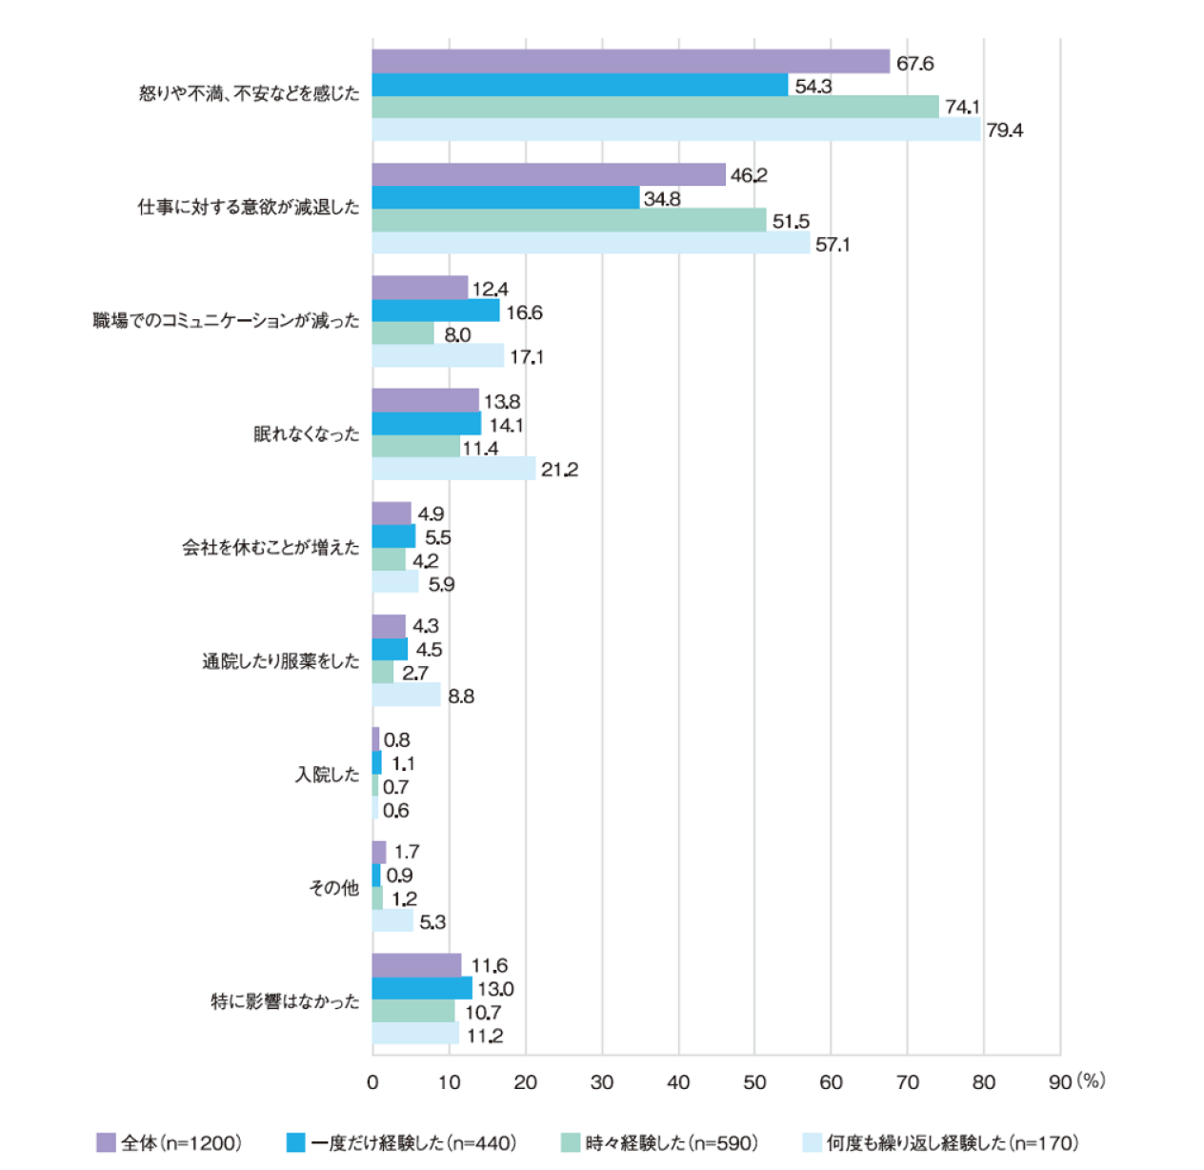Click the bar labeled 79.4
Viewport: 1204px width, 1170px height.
click(676, 131)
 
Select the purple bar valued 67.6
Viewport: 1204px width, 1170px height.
click(631, 62)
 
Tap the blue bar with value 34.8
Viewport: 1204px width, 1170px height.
click(506, 198)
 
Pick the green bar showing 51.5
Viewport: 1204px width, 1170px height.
click(569, 221)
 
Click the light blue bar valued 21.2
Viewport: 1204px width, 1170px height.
click(453, 469)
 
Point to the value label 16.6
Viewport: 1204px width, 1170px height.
click(524, 313)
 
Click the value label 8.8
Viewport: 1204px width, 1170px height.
click(461, 696)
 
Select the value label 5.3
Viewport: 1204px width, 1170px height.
click(432, 922)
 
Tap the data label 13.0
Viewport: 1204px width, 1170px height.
click(495, 989)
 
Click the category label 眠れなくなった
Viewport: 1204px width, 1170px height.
click(307, 434)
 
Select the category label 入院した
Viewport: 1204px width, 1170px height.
click(327, 775)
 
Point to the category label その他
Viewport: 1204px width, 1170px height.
click(333, 888)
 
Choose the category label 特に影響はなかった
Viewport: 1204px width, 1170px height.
click(285, 1001)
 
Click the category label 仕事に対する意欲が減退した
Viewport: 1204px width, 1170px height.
click(249, 208)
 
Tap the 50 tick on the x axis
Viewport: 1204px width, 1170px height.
click(754, 1082)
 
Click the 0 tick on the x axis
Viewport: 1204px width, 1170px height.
click(372, 1082)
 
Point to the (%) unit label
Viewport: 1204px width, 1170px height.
click(1092, 1080)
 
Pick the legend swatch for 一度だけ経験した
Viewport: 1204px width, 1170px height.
click(295, 1142)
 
